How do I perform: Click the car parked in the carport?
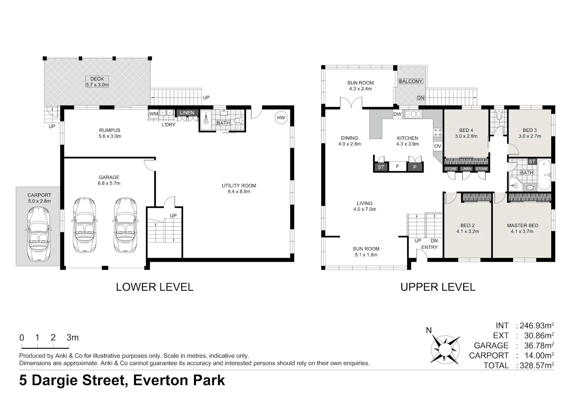pyautogui.click(x=39, y=234)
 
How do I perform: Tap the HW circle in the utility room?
pyautogui.click(x=281, y=118)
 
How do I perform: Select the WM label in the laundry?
pyautogui.click(x=154, y=114)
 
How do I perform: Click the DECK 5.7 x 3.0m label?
pyautogui.click(x=97, y=82)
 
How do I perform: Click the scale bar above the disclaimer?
pyautogui.click(x=45, y=347)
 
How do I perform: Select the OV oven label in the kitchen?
pyautogui.click(x=438, y=146)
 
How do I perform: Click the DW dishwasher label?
pyautogui.click(x=398, y=114)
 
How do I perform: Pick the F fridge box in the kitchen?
pyautogui.click(x=398, y=167)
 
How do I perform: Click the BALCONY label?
pyautogui.click(x=411, y=81)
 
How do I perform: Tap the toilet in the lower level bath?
pyautogui.click(x=239, y=120)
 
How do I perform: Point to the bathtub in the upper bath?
pyautogui.click(x=544, y=174)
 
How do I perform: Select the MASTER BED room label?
pyautogui.click(x=522, y=225)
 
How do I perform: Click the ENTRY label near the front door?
pyautogui.click(x=429, y=247)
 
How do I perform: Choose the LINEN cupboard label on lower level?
pyautogui.click(x=187, y=113)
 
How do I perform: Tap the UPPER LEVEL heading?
pyautogui.click(x=438, y=287)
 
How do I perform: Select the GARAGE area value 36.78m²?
pyautogui.click(x=539, y=345)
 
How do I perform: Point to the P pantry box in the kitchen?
pyautogui.click(x=415, y=167)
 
